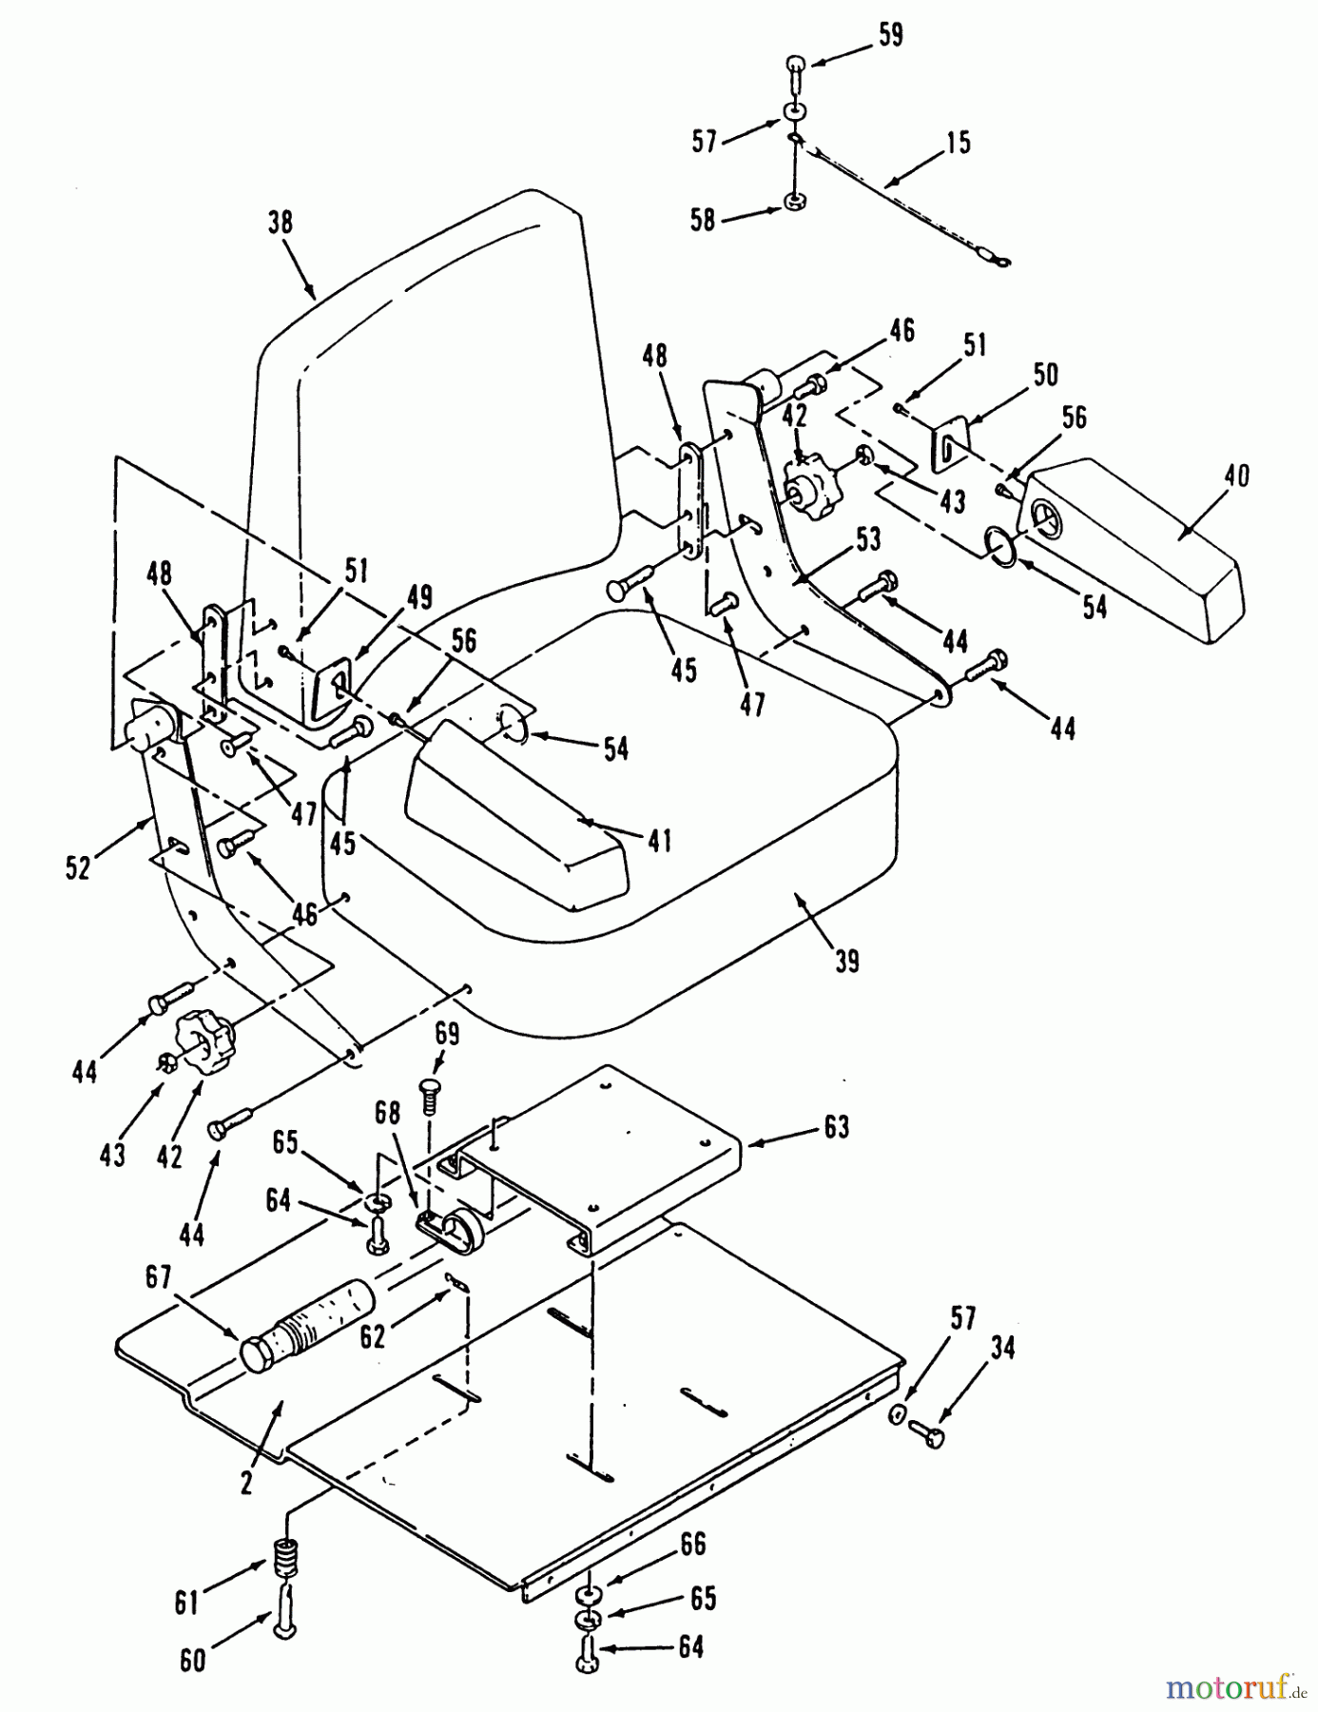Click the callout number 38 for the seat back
click(x=281, y=223)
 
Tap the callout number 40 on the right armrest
click(x=1236, y=476)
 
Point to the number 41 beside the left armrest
click(x=659, y=841)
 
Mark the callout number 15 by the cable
click(x=959, y=143)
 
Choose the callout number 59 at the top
click(x=891, y=35)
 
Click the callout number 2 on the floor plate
click(x=246, y=1483)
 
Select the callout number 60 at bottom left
click(x=193, y=1661)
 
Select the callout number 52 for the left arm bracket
click(x=78, y=867)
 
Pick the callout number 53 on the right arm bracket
click(x=867, y=539)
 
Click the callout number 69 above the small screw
click(x=447, y=1034)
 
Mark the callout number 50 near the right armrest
click(x=1045, y=375)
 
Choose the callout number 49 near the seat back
click(x=418, y=597)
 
